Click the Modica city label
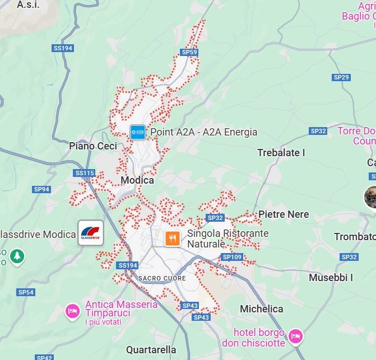[x=137, y=180]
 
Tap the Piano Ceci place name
[x=93, y=146]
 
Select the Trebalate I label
[x=281, y=152]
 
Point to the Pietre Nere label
[x=283, y=214]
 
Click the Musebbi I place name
[x=331, y=277]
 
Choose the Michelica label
[x=261, y=309]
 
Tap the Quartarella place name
[x=151, y=350]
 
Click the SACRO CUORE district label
[x=162, y=278]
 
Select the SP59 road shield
[x=189, y=52]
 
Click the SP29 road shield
[x=341, y=77]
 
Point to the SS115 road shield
[x=85, y=173]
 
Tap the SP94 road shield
[x=41, y=189]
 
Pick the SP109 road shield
[x=231, y=257]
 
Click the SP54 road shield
[x=26, y=292]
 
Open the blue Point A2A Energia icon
[x=137, y=132]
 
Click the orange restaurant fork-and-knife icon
[x=173, y=239]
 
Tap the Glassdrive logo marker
[x=91, y=233]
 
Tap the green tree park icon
[x=17, y=257]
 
